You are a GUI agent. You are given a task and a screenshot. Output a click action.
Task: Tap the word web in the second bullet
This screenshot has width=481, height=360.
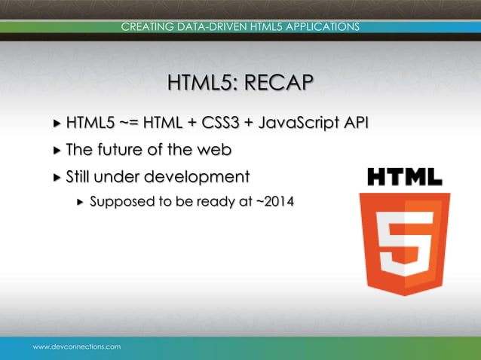213,150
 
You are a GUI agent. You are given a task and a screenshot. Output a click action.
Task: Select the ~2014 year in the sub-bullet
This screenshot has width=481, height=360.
274,203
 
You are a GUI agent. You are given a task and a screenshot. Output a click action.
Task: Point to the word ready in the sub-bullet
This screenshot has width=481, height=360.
218,203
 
